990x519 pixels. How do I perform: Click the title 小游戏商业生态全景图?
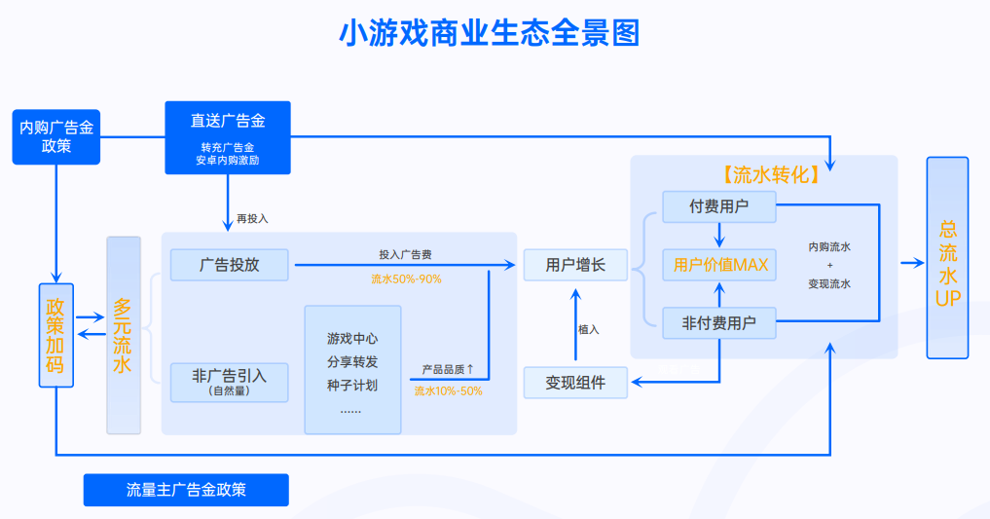click(x=489, y=35)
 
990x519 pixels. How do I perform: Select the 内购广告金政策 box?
click(x=57, y=136)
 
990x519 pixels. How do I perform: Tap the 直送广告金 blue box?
click(x=228, y=137)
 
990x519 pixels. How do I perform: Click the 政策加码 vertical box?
click(x=56, y=335)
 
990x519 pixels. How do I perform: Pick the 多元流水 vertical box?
click(x=124, y=335)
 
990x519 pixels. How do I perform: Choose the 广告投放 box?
click(x=230, y=264)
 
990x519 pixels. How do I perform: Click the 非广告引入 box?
click(x=230, y=381)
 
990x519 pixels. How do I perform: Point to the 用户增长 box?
click(x=575, y=264)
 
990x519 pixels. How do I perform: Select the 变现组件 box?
click(x=575, y=383)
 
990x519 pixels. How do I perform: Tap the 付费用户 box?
click(x=718, y=205)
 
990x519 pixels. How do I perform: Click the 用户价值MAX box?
click(x=720, y=264)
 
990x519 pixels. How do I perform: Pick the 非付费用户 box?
click(x=718, y=322)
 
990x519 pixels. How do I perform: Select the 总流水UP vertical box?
click(x=947, y=258)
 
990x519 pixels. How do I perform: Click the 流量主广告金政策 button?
click(x=186, y=490)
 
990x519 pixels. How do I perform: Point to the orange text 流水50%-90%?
click(x=406, y=279)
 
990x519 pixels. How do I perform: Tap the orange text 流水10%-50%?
click(x=448, y=390)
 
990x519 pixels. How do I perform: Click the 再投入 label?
click(x=252, y=218)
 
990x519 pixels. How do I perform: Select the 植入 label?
click(x=588, y=329)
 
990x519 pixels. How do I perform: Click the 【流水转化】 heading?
click(x=770, y=175)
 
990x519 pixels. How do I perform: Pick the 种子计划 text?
click(x=352, y=385)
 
